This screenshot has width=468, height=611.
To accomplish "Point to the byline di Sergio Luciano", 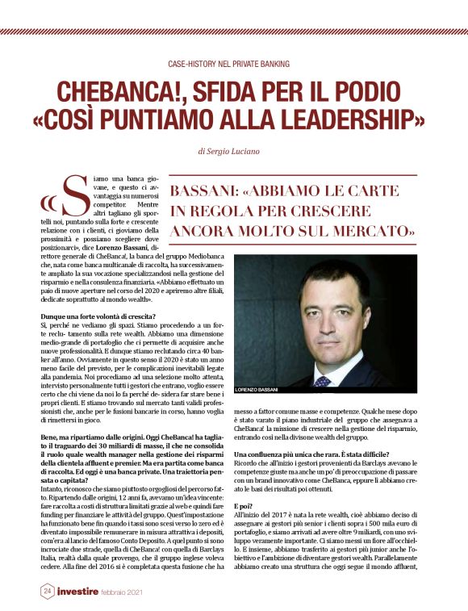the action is coord(234,151).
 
